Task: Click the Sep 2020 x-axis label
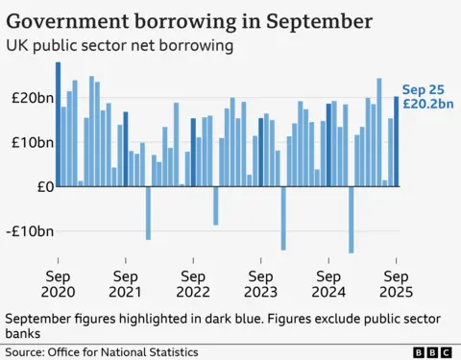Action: click(58, 281)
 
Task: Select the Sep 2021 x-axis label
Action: click(125, 281)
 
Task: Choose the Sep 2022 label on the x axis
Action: click(193, 281)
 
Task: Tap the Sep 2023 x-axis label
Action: click(260, 281)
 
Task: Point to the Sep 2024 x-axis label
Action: click(328, 281)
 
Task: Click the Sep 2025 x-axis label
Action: click(396, 281)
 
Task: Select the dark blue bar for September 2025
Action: click(396, 141)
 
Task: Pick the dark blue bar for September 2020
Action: click(58, 125)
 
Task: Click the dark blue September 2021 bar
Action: click(126, 149)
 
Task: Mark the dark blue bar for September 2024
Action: click(328, 145)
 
